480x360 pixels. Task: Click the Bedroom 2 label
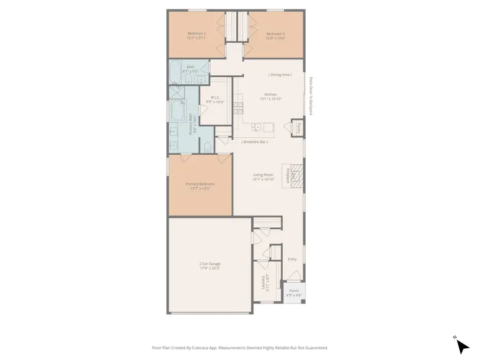[x=197, y=33]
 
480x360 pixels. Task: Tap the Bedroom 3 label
[x=276, y=33]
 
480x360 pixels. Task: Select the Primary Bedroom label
[x=200, y=184]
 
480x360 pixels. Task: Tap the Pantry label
[x=299, y=127]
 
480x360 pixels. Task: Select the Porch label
[x=294, y=291]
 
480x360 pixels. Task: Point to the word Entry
[x=292, y=259]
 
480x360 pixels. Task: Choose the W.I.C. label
[x=216, y=97]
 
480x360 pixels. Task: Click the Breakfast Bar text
[x=254, y=142]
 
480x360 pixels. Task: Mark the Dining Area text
[x=280, y=75]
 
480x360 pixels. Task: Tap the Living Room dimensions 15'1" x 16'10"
[x=263, y=179]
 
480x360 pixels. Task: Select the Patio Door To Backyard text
[x=309, y=97]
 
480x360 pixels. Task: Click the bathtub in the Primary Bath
[x=177, y=111]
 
